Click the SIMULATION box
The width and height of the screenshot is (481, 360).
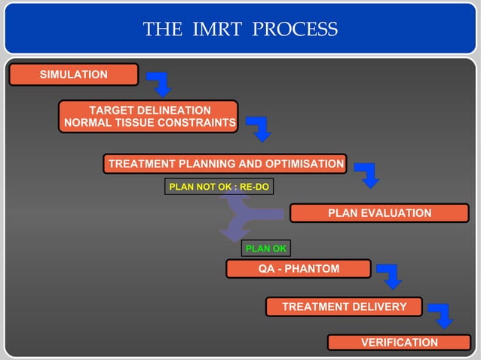pyautogui.click(x=73, y=75)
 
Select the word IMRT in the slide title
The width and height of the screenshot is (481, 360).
pyautogui.click(x=217, y=29)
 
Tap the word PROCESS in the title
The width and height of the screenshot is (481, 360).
pyautogui.click(x=295, y=29)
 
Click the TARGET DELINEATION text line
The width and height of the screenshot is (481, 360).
pyautogui.click(x=150, y=110)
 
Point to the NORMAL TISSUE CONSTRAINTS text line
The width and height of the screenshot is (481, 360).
pyautogui.click(x=149, y=124)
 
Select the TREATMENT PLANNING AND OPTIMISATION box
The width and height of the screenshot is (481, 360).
pyautogui.click(x=225, y=164)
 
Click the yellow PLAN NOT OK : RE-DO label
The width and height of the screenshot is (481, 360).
pyautogui.click(x=219, y=186)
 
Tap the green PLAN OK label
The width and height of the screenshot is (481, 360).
pyautogui.click(x=265, y=248)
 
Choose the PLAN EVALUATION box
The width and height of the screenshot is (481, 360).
pyautogui.click(x=379, y=213)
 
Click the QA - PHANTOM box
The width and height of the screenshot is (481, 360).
pyautogui.click(x=299, y=269)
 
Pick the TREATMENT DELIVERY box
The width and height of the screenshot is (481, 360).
pyautogui.click(x=344, y=307)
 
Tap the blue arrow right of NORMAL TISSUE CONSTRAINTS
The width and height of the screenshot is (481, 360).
pyautogui.click(x=259, y=129)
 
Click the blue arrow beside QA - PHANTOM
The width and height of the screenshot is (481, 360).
pyautogui.click(x=390, y=276)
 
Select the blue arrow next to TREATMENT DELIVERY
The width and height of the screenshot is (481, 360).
pyautogui.click(x=441, y=316)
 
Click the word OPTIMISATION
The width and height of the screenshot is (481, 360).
pyautogui.click(x=301, y=164)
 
